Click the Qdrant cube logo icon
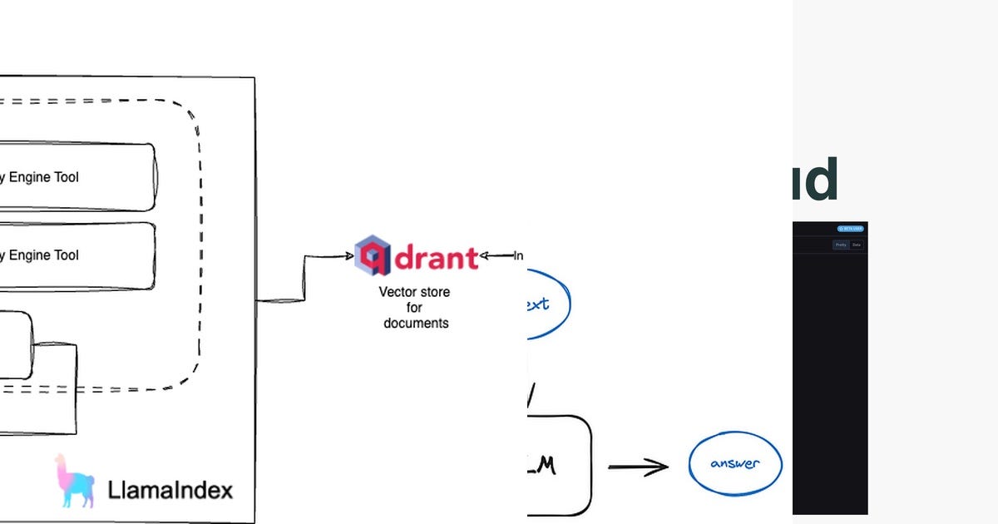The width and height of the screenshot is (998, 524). coord(373,255)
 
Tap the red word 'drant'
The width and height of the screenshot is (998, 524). coord(436,257)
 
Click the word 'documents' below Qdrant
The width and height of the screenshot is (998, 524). coord(416,323)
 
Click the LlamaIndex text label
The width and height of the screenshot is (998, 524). coord(170,490)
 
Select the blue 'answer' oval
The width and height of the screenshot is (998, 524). coord(735,464)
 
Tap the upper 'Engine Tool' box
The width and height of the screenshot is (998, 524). coord(75,177)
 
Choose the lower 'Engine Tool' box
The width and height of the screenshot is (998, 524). coord(75,255)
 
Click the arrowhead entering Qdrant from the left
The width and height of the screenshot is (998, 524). coord(349,256)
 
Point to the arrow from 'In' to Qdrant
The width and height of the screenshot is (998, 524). coord(496,256)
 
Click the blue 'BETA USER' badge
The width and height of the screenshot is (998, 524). coord(850,228)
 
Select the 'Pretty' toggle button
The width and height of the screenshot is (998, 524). coord(841,245)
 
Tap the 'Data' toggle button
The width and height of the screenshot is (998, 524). coord(857,245)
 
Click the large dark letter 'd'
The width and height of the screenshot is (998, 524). coord(818,180)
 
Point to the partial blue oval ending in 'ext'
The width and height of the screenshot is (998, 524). coord(545,304)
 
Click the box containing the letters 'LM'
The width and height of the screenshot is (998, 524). coord(559,466)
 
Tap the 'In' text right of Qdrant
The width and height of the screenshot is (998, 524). coord(518,256)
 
